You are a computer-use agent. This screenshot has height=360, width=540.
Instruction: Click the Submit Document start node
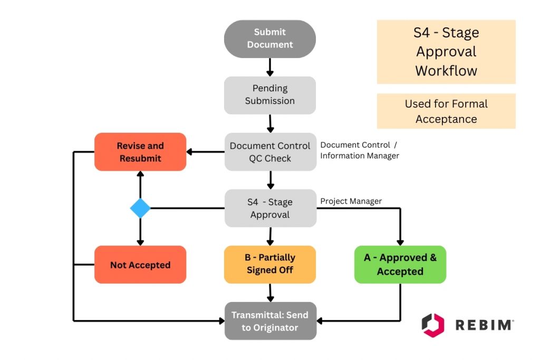pos(269,39)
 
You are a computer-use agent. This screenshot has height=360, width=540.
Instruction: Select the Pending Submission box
pos(269,95)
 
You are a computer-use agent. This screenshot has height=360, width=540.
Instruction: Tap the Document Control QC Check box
pos(270,152)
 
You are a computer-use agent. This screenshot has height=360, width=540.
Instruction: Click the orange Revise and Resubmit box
pos(140,152)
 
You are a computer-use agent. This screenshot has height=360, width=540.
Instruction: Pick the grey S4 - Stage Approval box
pos(270,208)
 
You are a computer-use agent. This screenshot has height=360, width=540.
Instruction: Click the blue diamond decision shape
pos(140,208)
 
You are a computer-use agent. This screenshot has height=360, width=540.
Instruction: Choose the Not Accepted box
pos(140,265)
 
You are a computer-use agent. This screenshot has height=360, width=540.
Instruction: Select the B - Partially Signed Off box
pos(269,265)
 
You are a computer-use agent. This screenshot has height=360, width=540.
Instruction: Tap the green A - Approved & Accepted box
pos(400,265)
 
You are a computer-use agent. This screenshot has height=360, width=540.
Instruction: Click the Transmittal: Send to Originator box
pos(270,321)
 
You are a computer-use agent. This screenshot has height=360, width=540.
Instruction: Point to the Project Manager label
pos(351,201)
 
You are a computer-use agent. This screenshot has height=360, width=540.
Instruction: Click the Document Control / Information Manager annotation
pos(360,150)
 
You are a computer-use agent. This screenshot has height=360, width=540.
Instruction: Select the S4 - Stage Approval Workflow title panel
pos(446,52)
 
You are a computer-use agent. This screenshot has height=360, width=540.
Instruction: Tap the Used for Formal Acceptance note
pos(446,111)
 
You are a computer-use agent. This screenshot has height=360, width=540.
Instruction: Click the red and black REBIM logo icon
pos(433,325)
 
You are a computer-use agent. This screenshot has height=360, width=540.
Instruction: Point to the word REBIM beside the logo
pos(484,325)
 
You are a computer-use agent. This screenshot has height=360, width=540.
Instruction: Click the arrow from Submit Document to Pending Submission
pos(269,67)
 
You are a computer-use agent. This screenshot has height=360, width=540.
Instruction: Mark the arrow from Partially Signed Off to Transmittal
pos(270,293)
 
